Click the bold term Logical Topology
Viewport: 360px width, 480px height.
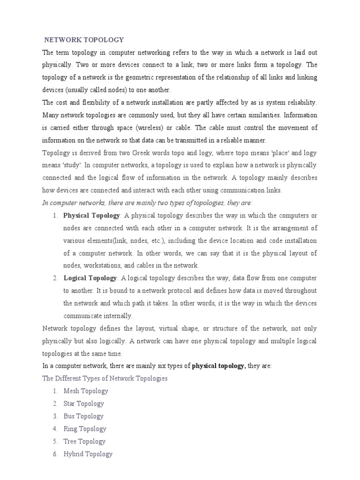tap(90, 278)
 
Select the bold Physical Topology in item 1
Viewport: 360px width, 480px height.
tap(91, 215)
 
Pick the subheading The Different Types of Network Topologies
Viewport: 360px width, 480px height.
tap(105, 378)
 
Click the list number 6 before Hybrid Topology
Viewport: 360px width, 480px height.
tap(55, 454)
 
